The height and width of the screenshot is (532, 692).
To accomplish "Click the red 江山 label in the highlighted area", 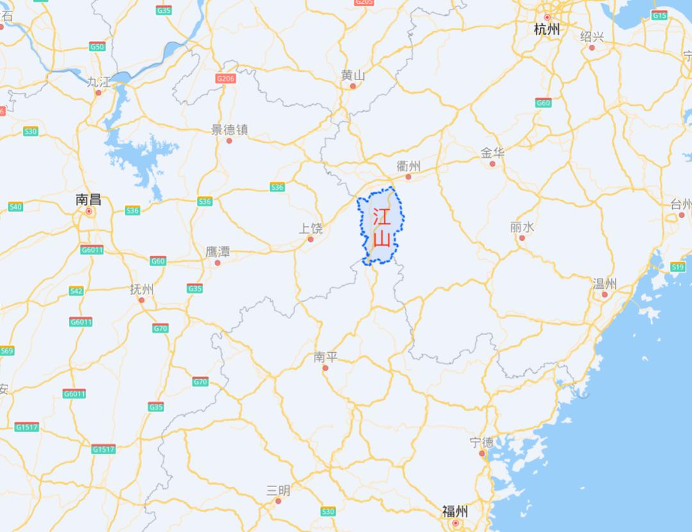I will pyautogui.click(x=381, y=227).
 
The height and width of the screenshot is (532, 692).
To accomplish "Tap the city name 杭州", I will pyautogui.click(x=547, y=29).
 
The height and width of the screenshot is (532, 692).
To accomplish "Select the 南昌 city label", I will pyautogui.click(x=88, y=200).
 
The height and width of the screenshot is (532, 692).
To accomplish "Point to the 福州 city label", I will pyautogui.click(x=454, y=511).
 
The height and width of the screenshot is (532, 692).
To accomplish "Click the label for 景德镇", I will pyautogui.click(x=229, y=129).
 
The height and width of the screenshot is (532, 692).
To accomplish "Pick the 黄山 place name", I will pyautogui.click(x=352, y=75).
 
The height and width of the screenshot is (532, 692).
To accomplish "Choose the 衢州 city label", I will pyautogui.click(x=408, y=165).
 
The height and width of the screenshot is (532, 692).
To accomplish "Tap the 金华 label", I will pyautogui.click(x=492, y=153).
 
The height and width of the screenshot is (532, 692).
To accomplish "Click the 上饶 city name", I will pyautogui.click(x=311, y=228).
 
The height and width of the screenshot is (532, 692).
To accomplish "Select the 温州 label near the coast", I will pyautogui.click(x=604, y=284).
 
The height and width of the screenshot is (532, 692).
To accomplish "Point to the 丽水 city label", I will pyautogui.click(x=522, y=227).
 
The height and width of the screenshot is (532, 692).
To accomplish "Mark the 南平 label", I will pyautogui.click(x=325, y=357).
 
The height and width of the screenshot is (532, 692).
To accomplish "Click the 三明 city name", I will pyautogui.click(x=278, y=490).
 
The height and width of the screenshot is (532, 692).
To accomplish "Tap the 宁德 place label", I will pyautogui.click(x=481, y=442).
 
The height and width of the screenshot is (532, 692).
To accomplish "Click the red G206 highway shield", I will pyautogui.click(x=226, y=78).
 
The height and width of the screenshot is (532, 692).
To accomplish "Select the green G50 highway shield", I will pyautogui.click(x=97, y=47).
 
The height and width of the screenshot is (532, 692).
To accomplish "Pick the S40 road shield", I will pyautogui.click(x=15, y=206).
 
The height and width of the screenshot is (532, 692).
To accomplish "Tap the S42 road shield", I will pyautogui.click(x=76, y=291).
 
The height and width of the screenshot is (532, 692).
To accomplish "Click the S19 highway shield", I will pyautogui.click(x=677, y=266).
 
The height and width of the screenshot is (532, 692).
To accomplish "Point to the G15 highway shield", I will pyautogui.click(x=659, y=15).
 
